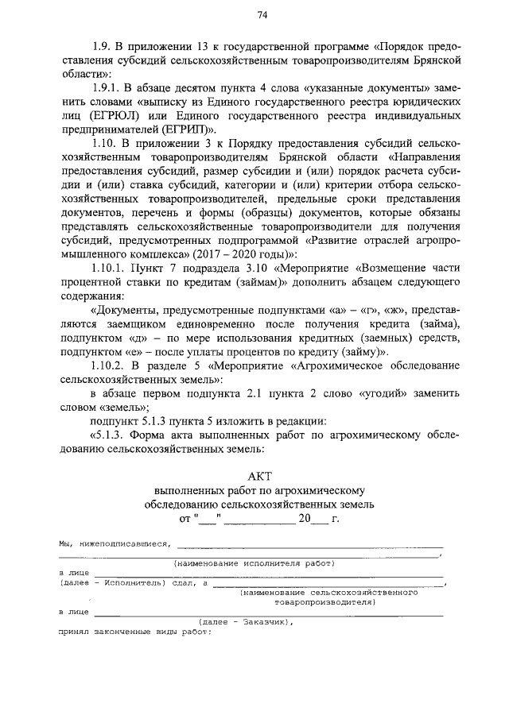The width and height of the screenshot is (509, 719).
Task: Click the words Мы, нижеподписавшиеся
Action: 115,544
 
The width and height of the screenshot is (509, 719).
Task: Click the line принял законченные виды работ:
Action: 134,632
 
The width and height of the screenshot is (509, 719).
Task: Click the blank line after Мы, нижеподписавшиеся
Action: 309,545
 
